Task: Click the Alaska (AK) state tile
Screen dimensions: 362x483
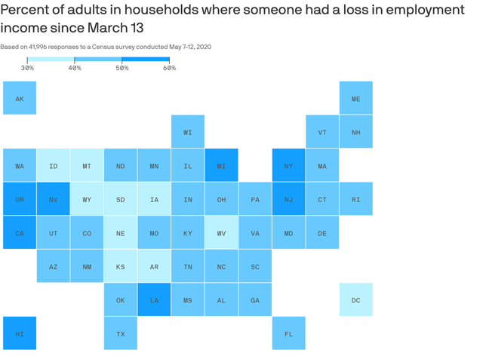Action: point(20,98)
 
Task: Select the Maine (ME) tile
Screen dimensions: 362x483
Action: point(355,98)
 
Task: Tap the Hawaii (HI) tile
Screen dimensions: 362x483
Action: point(20,333)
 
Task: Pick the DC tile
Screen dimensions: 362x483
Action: point(355,299)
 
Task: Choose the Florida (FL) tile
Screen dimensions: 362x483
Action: point(288,333)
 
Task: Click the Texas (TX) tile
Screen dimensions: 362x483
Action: point(121,333)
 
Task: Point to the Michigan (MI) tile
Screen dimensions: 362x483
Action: point(221,165)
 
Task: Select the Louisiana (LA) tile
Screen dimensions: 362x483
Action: point(154,299)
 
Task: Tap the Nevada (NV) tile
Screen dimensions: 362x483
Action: point(54,199)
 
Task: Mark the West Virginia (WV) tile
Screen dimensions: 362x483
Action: point(221,232)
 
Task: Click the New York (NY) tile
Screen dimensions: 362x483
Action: point(288,165)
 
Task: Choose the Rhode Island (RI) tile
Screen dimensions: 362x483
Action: point(355,199)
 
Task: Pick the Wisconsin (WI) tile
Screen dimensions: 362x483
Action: point(188,132)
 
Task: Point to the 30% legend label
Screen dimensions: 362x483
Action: point(27,68)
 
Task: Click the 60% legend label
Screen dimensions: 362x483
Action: point(169,68)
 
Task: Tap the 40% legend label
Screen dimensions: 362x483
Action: point(75,68)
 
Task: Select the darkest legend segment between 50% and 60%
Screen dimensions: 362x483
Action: point(146,59)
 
